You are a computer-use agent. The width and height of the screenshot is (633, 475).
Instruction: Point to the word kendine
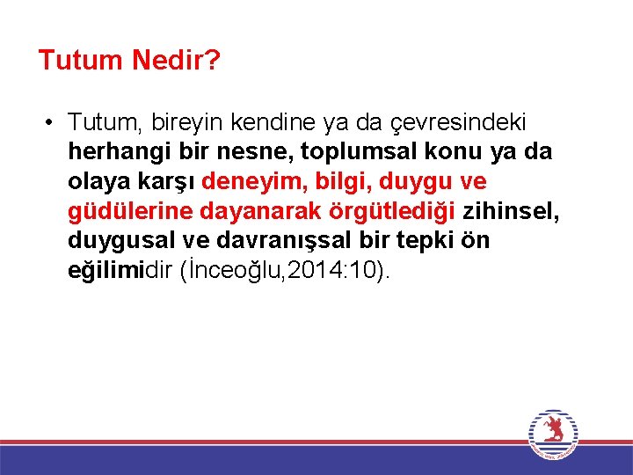pyautogui.click(x=255, y=121)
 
